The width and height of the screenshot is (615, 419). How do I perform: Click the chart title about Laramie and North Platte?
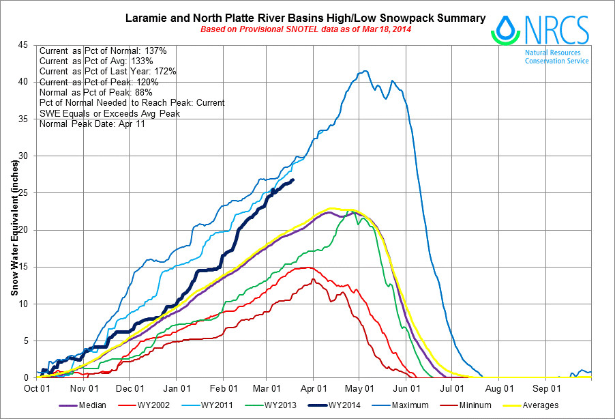(x=305, y=18)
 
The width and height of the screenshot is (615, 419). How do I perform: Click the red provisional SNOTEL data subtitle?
(x=305, y=30)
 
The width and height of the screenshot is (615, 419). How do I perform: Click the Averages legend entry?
(x=539, y=405)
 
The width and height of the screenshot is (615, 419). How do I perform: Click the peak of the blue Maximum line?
(x=365, y=71)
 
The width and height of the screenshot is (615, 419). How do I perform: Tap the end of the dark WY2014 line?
(x=293, y=180)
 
